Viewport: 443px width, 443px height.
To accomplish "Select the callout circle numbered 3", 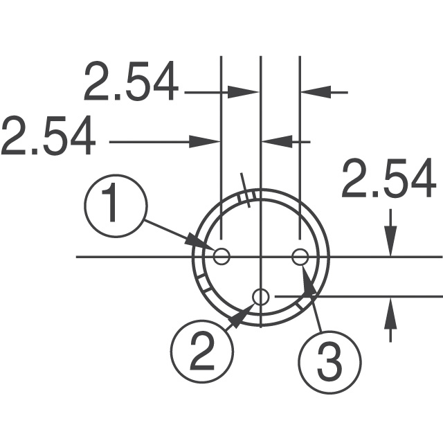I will point(329,359).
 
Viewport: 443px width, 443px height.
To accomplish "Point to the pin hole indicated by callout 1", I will point(221,257).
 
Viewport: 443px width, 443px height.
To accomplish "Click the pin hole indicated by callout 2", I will point(260,297).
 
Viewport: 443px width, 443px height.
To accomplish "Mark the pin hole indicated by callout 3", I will point(300,257).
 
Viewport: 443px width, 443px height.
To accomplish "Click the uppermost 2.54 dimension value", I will point(131,82).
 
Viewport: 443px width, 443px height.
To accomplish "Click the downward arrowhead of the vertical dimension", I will point(391,244).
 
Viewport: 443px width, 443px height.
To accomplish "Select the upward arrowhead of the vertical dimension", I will point(391,309).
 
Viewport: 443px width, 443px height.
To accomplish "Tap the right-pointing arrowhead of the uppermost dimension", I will point(246,91).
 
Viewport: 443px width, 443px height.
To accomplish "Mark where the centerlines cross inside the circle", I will point(260,257).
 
